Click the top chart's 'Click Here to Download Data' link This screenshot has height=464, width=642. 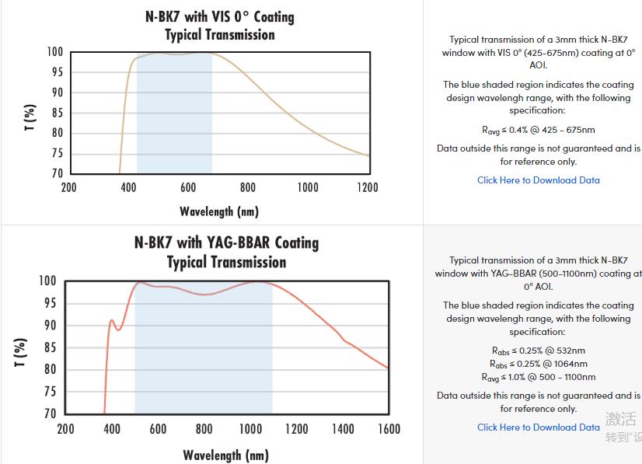pos(538,180)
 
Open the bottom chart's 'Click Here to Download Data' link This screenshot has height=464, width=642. pos(538,427)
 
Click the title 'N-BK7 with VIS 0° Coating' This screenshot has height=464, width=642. pos(220,16)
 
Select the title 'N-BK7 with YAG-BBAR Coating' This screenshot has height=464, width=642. pos(226,242)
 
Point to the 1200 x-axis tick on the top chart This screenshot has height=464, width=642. pos(367,187)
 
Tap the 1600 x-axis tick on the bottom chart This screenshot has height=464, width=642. pos(389,429)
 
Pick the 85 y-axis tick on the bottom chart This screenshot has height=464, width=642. pos(48,347)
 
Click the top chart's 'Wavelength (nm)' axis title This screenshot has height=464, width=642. pos(219,211)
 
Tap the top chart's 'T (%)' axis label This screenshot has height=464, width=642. pos(30,117)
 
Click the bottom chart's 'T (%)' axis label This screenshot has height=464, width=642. pos(21,352)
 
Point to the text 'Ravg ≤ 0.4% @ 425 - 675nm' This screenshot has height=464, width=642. pos(538,130)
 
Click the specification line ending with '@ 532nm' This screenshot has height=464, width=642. pos(538,351)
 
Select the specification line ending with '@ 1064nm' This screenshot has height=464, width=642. pos(538,364)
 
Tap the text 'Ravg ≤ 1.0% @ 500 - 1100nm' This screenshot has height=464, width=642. pos(538,377)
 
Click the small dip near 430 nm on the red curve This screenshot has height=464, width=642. pos(119,330)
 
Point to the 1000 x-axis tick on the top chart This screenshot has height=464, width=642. pos(308,187)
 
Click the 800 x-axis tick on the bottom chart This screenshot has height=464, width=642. pos(204,429)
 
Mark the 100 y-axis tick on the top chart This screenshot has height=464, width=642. pos(54,52)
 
